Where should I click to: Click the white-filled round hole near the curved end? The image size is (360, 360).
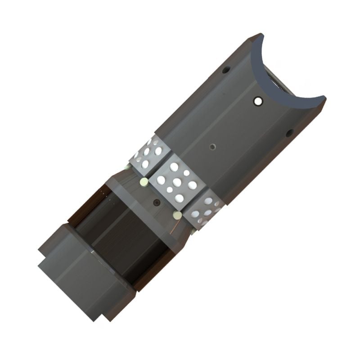click(x=258, y=101)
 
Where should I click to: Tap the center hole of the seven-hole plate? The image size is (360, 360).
click(x=177, y=182)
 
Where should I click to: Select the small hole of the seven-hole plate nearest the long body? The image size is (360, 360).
click(x=186, y=173)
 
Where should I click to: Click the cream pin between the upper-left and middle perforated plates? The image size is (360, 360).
click(x=144, y=182)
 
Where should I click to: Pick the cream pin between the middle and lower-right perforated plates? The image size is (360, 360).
click(x=178, y=216)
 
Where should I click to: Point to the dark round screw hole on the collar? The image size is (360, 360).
click(x=156, y=202)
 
